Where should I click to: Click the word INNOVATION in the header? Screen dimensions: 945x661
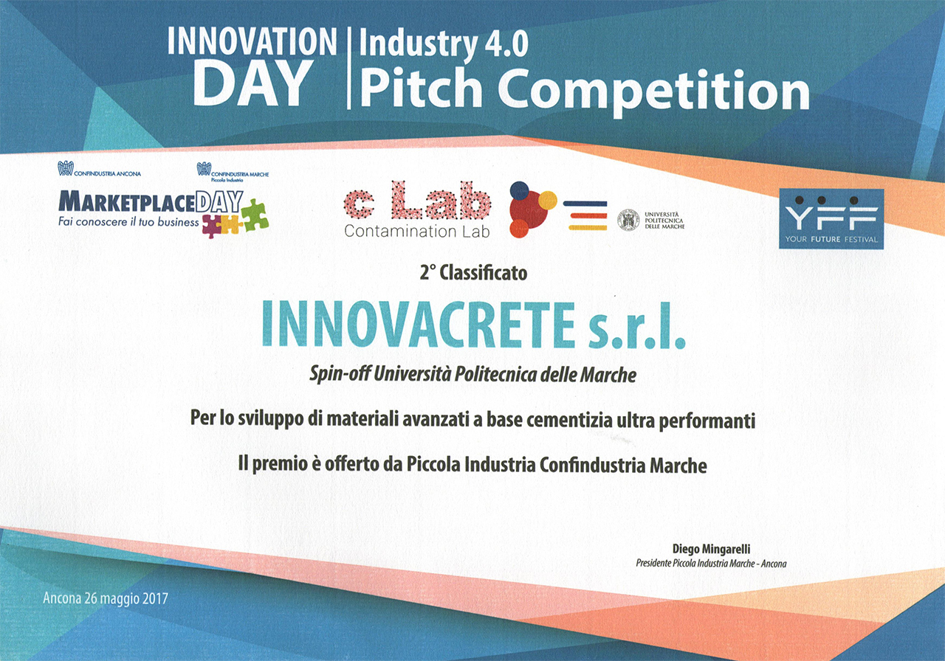coord(252,41)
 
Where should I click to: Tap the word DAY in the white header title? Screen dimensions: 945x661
coord(252,83)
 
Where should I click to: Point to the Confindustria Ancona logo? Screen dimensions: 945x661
coord(100,169)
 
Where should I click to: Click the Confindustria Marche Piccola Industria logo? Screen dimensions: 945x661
coord(233,172)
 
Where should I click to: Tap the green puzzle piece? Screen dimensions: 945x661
coord(255,215)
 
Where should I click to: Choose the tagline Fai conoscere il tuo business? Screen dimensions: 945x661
coord(128,222)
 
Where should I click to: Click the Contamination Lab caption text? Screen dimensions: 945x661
coord(417,231)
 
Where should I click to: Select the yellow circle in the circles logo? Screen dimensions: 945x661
coord(548,200)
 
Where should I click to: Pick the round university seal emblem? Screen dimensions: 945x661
coord(628,220)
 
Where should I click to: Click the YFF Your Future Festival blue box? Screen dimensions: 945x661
coord(831,218)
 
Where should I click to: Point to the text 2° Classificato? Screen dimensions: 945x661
coord(473,273)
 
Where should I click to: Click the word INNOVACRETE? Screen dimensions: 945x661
coord(419,325)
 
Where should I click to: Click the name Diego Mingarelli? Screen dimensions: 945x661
coord(711,548)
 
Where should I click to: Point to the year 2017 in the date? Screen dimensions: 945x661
coord(155,598)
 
